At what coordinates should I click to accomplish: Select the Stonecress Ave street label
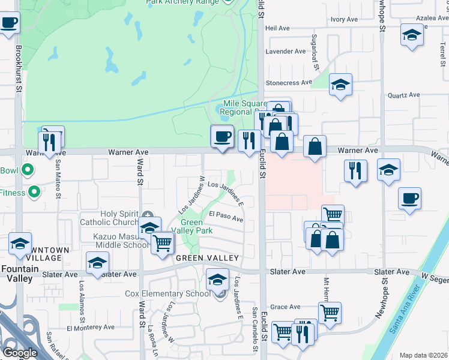pyautogui.click(x=289, y=82)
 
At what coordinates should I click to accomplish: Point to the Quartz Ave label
pyautogui.click(x=403, y=95)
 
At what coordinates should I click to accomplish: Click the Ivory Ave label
pyautogui.click(x=344, y=20)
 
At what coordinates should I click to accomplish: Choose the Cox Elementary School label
pyautogui.click(x=167, y=294)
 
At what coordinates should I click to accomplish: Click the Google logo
pyautogui.click(x=20, y=353)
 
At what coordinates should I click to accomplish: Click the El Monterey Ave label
pyautogui.click(x=91, y=328)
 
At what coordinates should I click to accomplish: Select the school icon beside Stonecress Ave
pyautogui.click(x=340, y=85)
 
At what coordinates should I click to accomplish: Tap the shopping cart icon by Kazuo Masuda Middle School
pyautogui.click(x=163, y=244)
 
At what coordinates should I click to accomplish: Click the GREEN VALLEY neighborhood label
pyautogui.click(x=207, y=258)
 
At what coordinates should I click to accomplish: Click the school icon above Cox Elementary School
pyautogui.click(x=217, y=280)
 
